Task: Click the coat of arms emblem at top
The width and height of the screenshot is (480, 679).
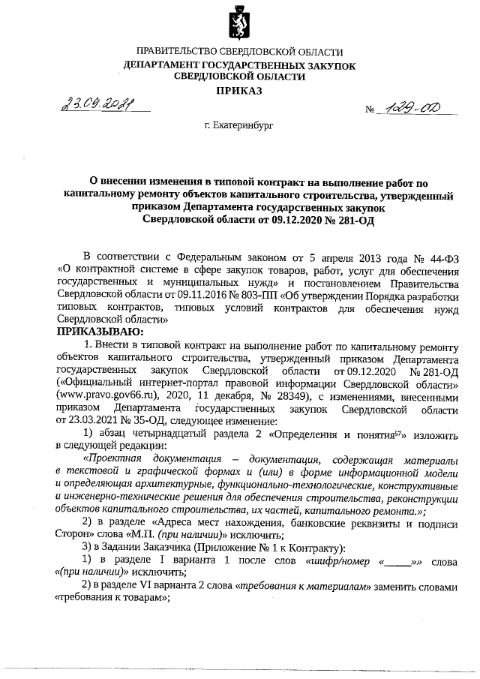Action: [239, 23]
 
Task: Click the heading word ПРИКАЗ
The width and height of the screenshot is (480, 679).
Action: [239, 91]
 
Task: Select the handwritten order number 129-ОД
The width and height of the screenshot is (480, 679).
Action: [411, 109]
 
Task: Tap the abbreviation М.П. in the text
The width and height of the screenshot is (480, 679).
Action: [214, 535]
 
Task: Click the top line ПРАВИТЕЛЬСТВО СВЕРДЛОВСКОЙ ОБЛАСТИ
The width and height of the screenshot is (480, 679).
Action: [239, 54]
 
